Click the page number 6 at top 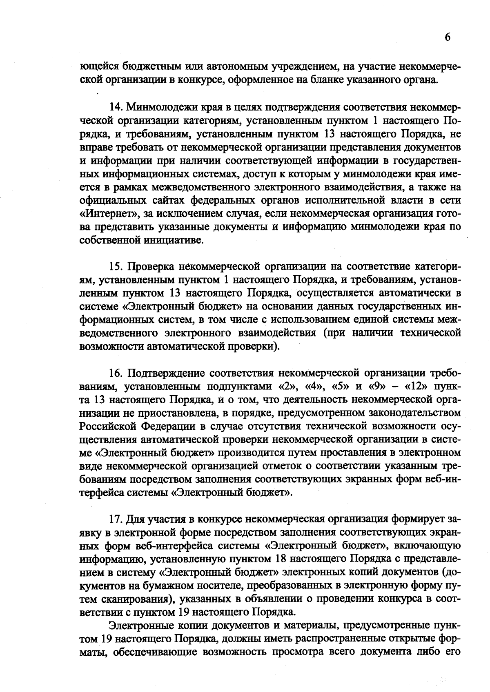(x=448, y=37)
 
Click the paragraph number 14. (x=116, y=107)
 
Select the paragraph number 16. (x=116, y=373)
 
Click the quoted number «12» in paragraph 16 (x=416, y=386)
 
